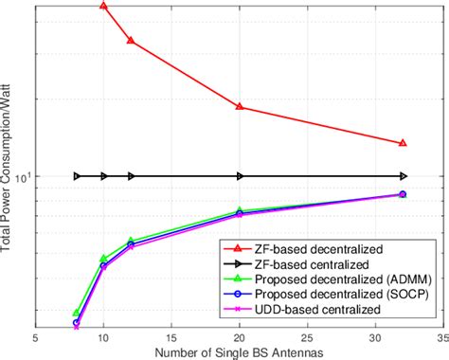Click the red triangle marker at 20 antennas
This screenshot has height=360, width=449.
[240, 107]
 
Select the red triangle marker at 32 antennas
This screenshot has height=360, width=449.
[403, 143]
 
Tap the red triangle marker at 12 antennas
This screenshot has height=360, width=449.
[131, 41]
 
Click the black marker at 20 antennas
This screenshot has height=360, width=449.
[240, 176]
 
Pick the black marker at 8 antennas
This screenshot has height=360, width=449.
[77, 176]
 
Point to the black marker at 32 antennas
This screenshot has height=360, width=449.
[403, 176]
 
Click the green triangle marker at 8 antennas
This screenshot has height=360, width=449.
[77, 313]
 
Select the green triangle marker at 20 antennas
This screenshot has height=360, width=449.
[240, 211]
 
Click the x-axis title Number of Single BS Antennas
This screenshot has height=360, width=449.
[239, 351]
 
